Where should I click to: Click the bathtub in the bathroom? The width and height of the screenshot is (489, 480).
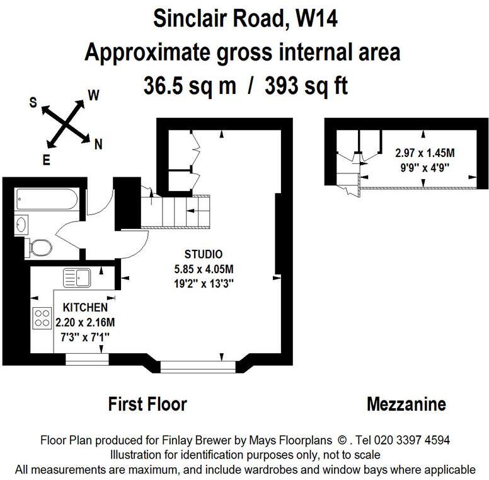47,201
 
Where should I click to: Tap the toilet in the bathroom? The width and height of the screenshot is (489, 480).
40,247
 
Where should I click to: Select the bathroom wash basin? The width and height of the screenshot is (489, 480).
23,223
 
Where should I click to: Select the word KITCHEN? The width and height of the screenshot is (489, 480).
85,308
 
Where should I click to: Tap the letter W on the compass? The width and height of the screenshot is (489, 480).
93,95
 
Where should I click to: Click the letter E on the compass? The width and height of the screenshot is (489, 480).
46,160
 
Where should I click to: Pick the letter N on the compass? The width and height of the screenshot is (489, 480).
98,144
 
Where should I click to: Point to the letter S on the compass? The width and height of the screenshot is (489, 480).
33,103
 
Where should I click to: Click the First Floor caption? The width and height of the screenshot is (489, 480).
147,404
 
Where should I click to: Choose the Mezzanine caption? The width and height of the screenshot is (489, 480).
406,404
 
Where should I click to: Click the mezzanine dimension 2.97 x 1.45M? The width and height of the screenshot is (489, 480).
425,153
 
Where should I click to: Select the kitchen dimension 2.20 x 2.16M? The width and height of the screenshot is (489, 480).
85,322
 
